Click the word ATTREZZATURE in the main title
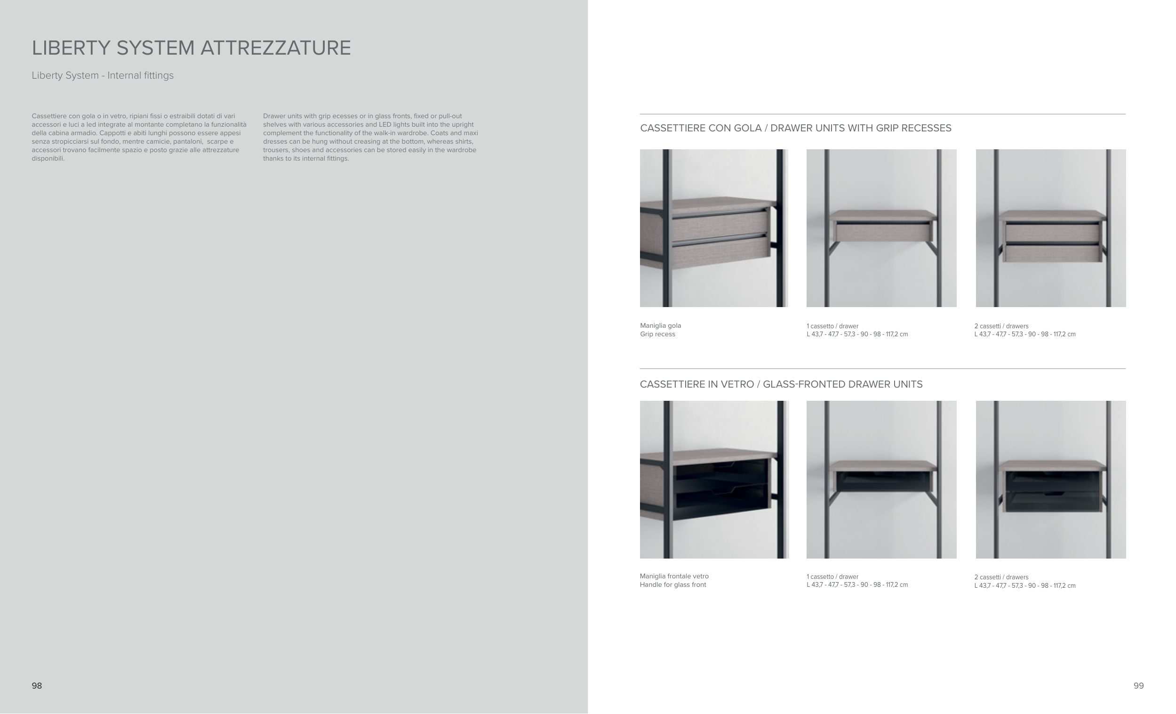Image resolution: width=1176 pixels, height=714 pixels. pyautogui.click(x=275, y=48)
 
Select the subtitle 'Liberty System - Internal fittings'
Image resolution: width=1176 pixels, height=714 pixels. pyautogui.click(x=103, y=75)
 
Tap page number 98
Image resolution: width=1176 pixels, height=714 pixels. pyautogui.click(x=37, y=686)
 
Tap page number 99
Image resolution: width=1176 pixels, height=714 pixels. pyautogui.click(x=1138, y=686)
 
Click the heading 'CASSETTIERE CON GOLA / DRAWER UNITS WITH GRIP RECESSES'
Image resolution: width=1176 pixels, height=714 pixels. pyautogui.click(x=795, y=128)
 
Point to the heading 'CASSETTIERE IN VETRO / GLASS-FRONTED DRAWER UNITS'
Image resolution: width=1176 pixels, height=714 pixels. pyautogui.click(x=781, y=384)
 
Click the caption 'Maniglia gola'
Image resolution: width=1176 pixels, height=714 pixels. pyautogui.click(x=660, y=326)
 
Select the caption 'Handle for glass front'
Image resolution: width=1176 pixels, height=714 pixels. pyautogui.click(x=672, y=585)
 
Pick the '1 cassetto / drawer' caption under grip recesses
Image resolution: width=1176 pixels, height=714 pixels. pyautogui.click(x=832, y=326)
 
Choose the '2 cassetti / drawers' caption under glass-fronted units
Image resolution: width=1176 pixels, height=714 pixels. pyautogui.click(x=1001, y=577)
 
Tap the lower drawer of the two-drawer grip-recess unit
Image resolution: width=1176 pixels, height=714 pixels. pyautogui.click(x=1052, y=253)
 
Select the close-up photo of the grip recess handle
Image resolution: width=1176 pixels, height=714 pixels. pyautogui.click(x=713, y=228)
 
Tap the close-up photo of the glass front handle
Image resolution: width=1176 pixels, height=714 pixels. pyautogui.click(x=713, y=479)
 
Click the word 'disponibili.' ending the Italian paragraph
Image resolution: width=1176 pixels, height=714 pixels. pyautogui.click(x=48, y=159)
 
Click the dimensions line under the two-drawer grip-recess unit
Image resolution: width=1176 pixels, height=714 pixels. pyautogui.click(x=1024, y=334)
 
